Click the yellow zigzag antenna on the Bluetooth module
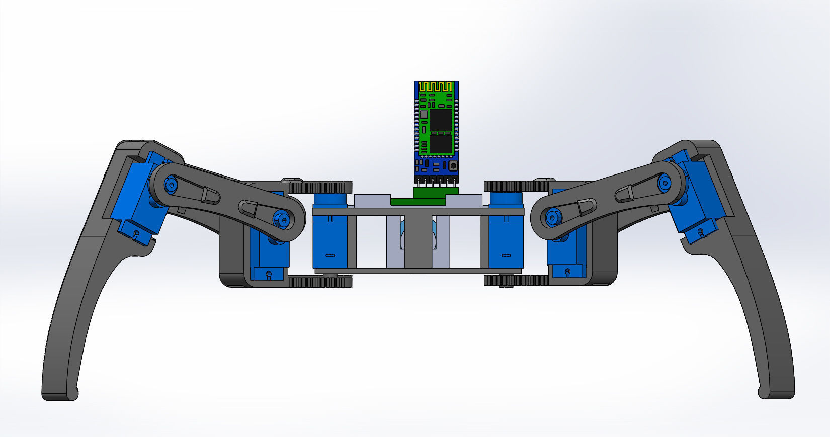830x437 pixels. click(x=436, y=87)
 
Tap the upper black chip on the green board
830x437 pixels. click(x=441, y=120)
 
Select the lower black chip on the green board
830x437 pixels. click(x=441, y=144)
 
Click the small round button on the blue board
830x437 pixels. click(x=453, y=165)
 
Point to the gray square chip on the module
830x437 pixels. click(x=424, y=114)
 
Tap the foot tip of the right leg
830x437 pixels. click(x=777, y=392)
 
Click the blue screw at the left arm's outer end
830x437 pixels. click(x=172, y=184)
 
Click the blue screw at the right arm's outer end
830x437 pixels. click(x=664, y=183)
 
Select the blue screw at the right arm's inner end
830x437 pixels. click(x=552, y=218)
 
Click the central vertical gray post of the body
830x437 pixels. click(x=418, y=241)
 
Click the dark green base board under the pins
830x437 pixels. click(x=418, y=202)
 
